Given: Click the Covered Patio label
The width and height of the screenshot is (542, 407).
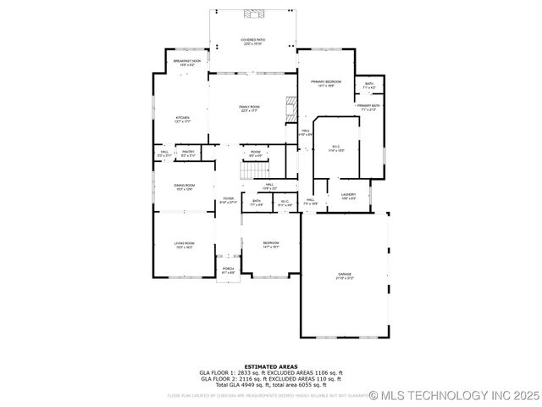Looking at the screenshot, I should (x=252, y=41).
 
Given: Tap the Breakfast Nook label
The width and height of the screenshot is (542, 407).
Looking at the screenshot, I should (x=187, y=62).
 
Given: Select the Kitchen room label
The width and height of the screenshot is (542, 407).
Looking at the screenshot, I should (x=182, y=118).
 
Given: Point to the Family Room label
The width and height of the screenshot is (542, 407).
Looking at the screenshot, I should (x=249, y=108).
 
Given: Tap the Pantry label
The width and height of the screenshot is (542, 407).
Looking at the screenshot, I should (x=188, y=153).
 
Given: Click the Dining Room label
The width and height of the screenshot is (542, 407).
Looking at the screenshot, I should (x=185, y=186).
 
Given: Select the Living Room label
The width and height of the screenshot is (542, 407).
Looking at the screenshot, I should (x=185, y=245).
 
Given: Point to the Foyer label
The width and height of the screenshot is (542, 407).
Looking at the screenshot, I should (x=229, y=200).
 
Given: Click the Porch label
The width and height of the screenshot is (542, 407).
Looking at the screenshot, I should (x=228, y=270).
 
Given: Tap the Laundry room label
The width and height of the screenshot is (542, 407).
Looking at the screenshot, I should (x=348, y=195).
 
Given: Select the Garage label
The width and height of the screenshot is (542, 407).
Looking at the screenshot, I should (x=345, y=276).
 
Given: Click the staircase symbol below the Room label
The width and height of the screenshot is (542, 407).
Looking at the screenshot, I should (x=254, y=171).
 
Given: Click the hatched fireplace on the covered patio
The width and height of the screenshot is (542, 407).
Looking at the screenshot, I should (x=252, y=14).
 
